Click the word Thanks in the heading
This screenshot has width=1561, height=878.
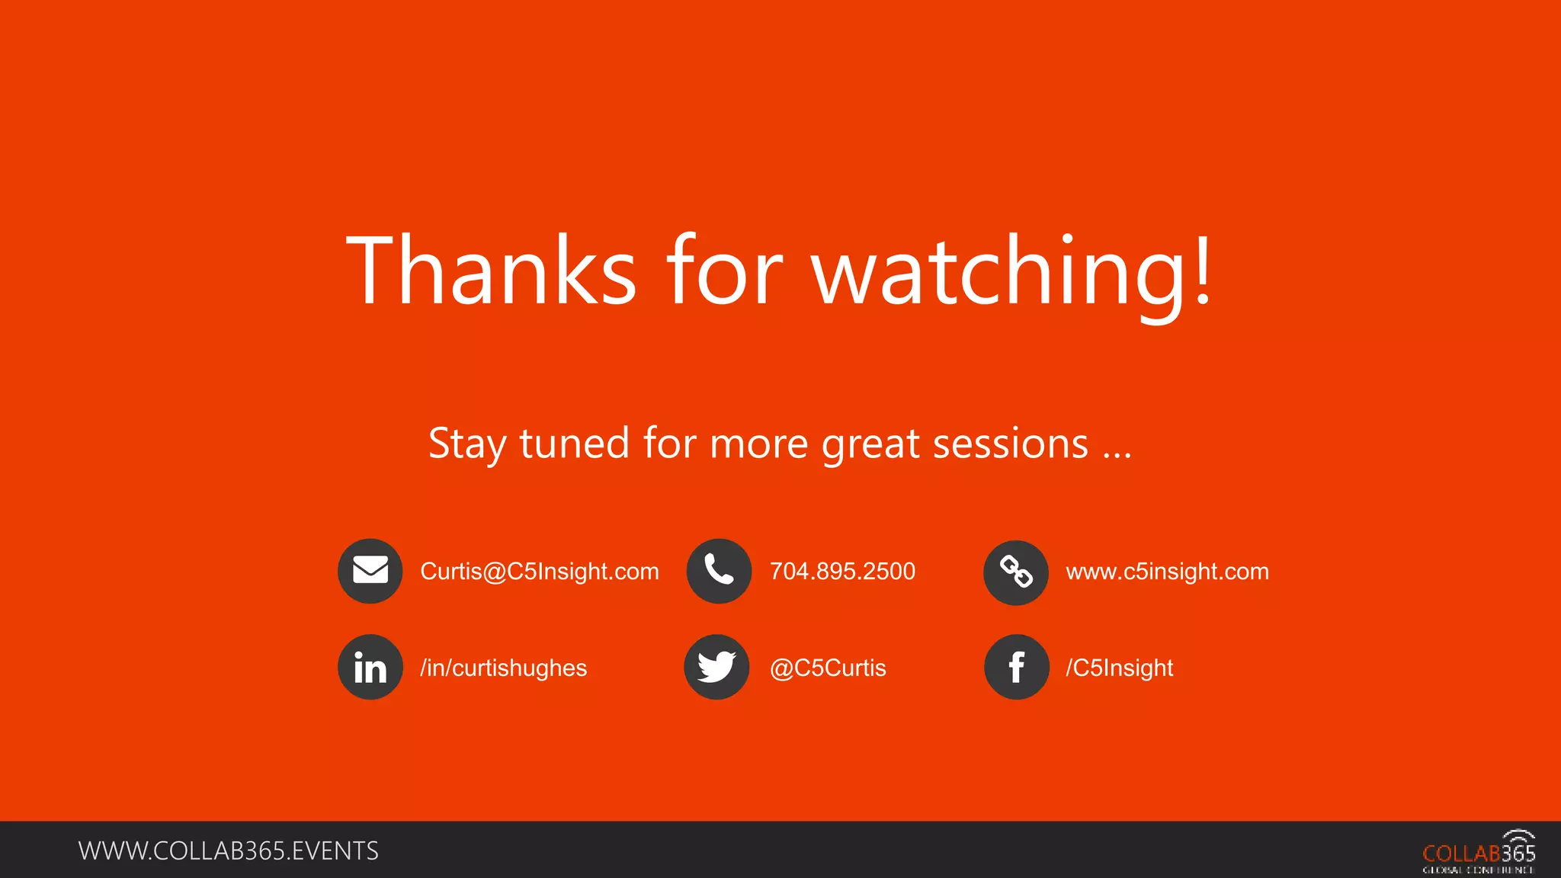[x=491, y=271]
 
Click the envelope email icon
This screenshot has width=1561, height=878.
[x=370, y=571]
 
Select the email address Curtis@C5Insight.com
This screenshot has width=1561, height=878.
[x=539, y=572]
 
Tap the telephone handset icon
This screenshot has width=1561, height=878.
[x=719, y=571]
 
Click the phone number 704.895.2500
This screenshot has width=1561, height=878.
[x=842, y=572]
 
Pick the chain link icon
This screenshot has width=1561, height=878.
[x=1016, y=572]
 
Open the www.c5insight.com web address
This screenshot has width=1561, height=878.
[x=1167, y=572]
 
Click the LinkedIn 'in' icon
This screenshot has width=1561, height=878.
[x=370, y=668]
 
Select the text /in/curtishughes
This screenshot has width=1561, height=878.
[x=503, y=668]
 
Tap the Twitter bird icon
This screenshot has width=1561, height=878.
[x=716, y=668]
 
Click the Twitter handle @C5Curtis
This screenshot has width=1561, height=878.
[x=828, y=668]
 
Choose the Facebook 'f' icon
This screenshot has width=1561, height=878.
[x=1017, y=668]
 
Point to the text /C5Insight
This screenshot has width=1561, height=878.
[x=1119, y=668]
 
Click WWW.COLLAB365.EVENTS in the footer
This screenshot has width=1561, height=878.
[x=229, y=851]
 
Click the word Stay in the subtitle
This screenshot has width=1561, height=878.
[x=466, y=444]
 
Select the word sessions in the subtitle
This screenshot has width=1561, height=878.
[x=1011, y=444]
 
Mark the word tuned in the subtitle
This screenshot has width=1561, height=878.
[x=574, y=444]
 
